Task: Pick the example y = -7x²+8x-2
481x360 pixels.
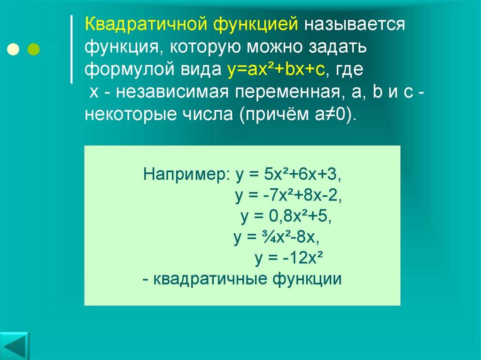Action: (x=288, y=196)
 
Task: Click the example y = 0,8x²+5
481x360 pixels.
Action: (x=286, y=217)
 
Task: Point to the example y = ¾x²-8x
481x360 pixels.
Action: (x=277, y=238)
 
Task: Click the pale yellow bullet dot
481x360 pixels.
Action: (x=14, y=48)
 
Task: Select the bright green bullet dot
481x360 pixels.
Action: (x=34, y=48)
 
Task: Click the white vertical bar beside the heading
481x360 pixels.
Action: (x=71, y=49)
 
